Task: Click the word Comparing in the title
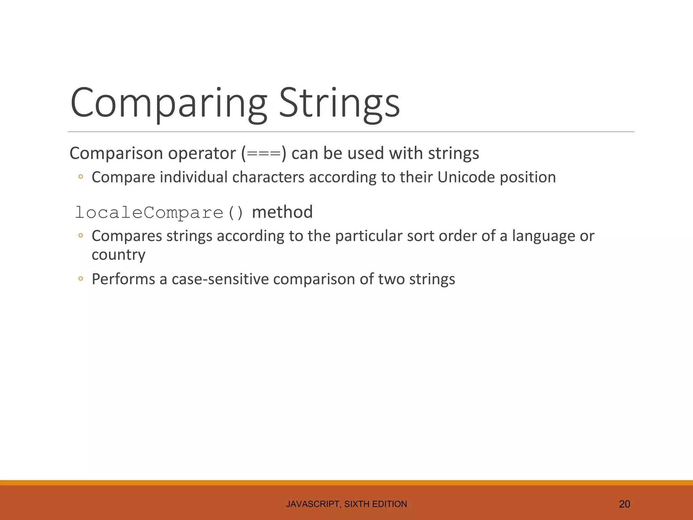click(169, 103)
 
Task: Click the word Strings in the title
click(339, 103)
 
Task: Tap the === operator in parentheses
click(264, 154)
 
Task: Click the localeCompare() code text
click(159, 213)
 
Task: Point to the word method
click(283, 212)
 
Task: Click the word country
click(118, 255)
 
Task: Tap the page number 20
click(624, 504)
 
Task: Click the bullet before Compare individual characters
click(81, 177)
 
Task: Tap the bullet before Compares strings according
click(81, 236)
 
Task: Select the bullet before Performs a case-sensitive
click(81, 279)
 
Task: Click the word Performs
click(124, 279)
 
